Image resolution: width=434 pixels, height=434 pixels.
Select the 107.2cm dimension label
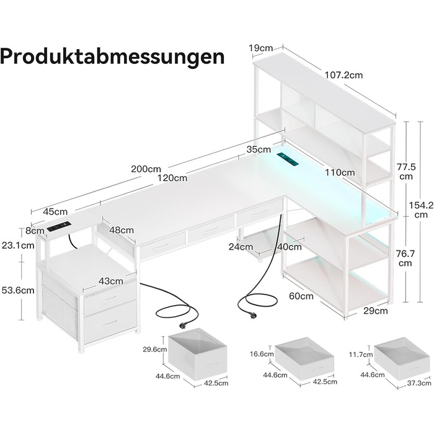343,75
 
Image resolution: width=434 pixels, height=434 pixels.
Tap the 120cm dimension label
172,179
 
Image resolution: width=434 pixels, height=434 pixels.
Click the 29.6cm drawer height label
154,348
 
